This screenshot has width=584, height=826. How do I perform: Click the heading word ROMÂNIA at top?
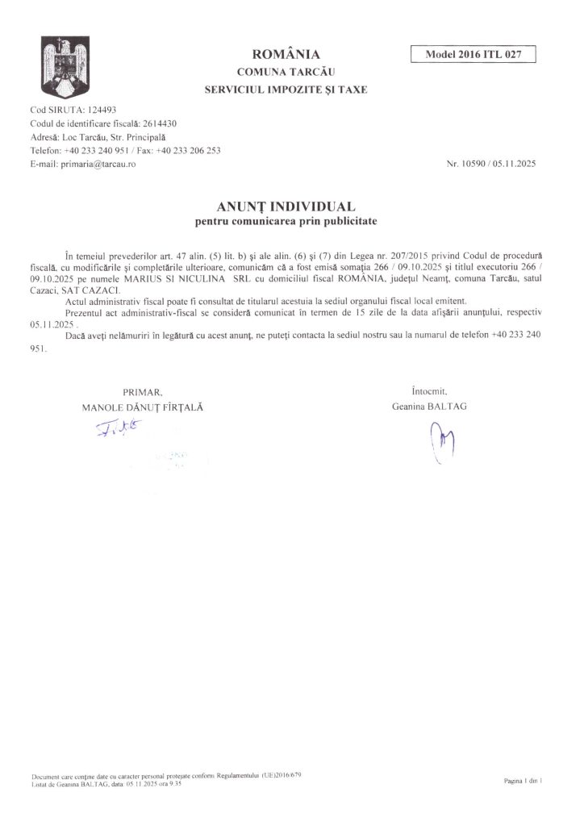pos(286,55)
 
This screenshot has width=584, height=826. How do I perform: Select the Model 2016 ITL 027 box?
pos(473,55)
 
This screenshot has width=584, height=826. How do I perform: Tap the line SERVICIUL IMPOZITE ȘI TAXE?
pos(286,90)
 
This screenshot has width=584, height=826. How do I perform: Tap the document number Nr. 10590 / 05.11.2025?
pos(491,164)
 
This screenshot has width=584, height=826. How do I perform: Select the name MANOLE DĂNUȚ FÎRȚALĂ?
pos(143,407)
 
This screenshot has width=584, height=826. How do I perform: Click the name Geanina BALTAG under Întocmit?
pos(429,407)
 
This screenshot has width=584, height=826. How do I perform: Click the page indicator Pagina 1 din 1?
pos(523,782)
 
